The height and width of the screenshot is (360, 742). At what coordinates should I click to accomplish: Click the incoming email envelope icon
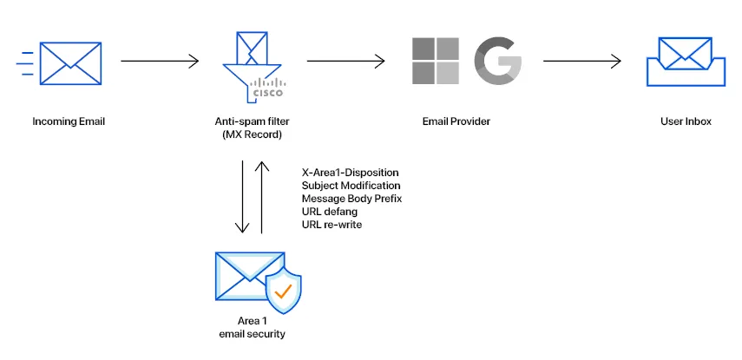tap(70, 62)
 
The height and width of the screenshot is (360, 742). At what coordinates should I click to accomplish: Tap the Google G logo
tap(498, 62)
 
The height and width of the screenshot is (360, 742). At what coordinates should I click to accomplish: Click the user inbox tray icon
tap(686, 62)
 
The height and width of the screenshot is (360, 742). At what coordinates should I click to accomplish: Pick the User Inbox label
tap(686, 121)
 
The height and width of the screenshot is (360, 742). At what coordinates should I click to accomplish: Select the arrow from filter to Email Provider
tap(346, 61)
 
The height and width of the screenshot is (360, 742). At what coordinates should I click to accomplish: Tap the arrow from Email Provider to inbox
tap(582, 61)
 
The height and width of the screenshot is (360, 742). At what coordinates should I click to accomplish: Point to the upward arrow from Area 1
tap(260, 198)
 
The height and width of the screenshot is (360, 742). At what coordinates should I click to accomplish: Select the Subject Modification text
tap(351, 186)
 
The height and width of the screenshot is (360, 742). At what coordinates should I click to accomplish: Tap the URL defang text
tap(330, 212)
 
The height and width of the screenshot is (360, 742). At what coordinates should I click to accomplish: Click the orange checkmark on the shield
tap(282, 291)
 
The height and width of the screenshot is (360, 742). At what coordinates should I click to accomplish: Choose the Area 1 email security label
tap(249, 328)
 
